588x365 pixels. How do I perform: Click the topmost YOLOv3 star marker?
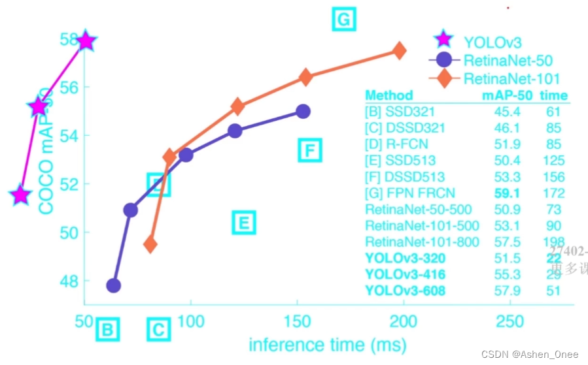(86, 41)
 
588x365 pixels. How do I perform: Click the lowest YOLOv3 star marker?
(21, 195)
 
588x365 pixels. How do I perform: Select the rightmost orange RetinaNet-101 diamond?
(399, 51)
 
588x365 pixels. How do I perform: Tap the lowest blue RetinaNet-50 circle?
(113, 285)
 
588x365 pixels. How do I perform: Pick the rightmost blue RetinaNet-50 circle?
(303, 112)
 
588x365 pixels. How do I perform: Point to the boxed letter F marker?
(310, 151)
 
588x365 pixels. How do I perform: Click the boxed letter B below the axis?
(108, 330)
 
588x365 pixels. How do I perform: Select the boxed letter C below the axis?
(158, 330)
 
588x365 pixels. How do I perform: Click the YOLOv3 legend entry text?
(493, 42)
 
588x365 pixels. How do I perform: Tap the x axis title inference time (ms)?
(327, 344)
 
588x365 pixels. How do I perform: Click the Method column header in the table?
(389, 95)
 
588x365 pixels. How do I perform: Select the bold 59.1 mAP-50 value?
(507, 193)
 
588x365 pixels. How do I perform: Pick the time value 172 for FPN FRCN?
(553, 193)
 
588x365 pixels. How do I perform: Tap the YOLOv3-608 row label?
(405, 291)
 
